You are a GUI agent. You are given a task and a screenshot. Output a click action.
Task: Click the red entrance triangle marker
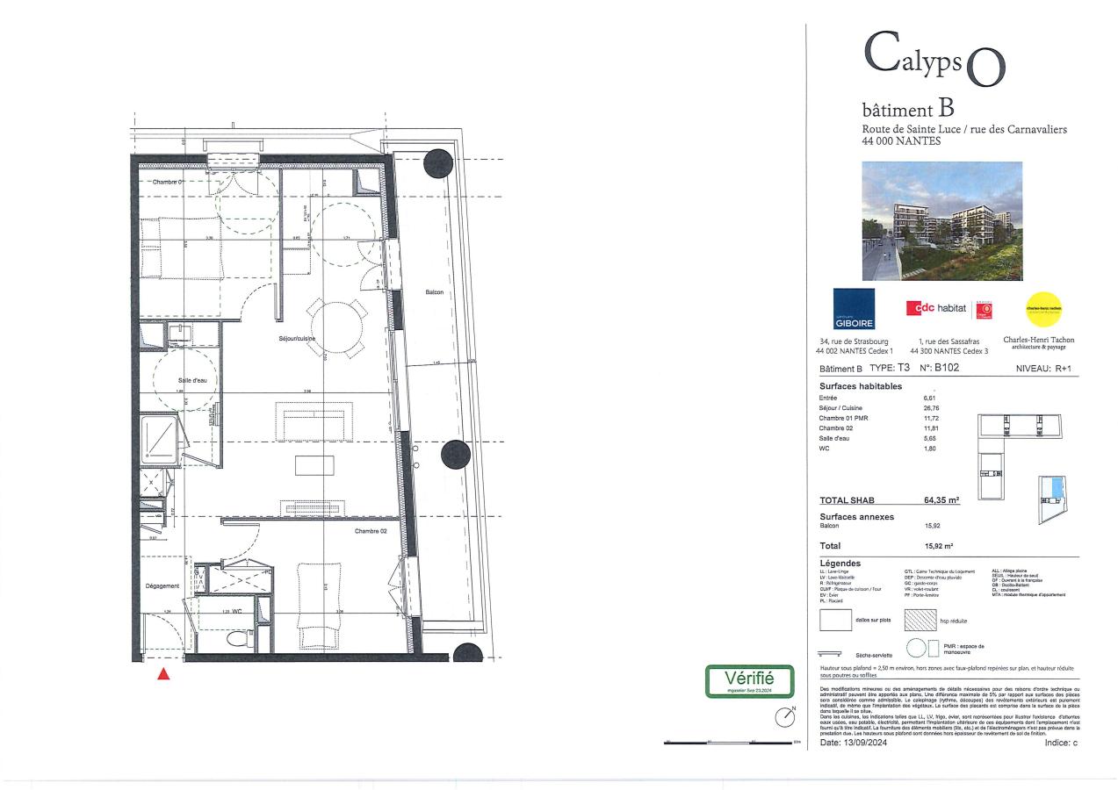click(x=163, y=674)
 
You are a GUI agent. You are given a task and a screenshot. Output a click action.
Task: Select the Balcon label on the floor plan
click(x=434, y=292)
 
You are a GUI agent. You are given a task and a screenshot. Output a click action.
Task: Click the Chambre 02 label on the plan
click(x=371, y=531)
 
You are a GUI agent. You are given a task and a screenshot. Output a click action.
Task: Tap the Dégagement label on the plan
click(x=162, y=585)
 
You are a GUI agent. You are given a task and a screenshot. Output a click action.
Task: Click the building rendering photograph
click(x=941, y=220)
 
